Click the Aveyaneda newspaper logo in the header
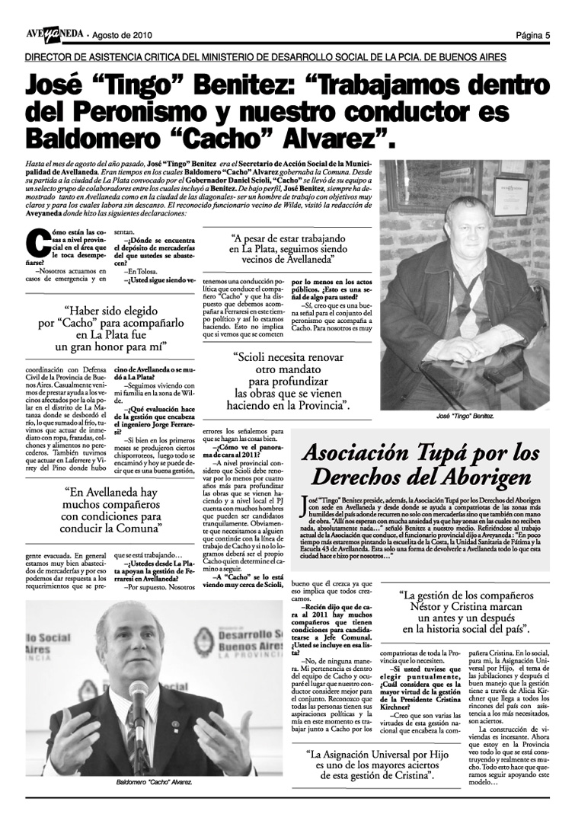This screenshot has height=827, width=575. pyautogui.click(x=53, y=34)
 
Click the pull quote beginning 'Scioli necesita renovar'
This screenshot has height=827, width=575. pyautogui.click(x=292, y=380)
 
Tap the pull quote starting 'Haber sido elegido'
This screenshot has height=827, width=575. pyautogui.click(x=113, y=329)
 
